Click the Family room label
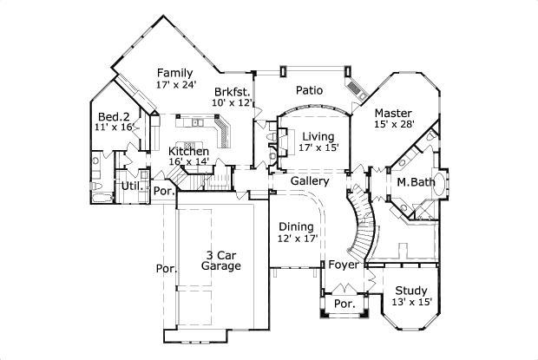174,73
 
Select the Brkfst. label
232,91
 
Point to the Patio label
310,88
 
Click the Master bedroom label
393,113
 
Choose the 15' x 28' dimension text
394,125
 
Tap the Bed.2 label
114,116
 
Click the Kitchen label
188,152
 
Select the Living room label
318,136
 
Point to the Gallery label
309,181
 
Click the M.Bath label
416,182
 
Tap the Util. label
132,186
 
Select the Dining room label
296,226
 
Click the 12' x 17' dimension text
297,238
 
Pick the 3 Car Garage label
221,260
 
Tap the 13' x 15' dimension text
411,302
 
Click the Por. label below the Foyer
344,304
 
